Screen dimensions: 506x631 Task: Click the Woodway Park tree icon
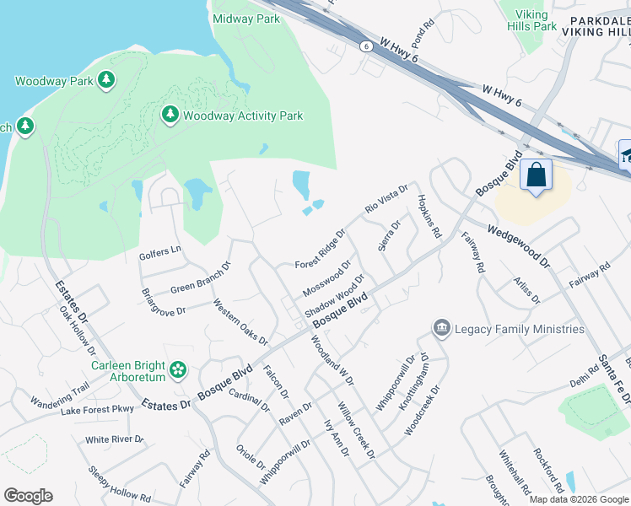tap(105, 80)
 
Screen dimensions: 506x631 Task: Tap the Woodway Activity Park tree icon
tap(170, 114)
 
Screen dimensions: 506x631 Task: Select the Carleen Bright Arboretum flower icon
tap(178, 369)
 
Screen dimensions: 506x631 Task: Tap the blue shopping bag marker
tap(536, 175)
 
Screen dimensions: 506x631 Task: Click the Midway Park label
tap(246, 18)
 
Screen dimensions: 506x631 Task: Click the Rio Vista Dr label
tap(386, 199)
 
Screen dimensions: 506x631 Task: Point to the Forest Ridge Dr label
tap(320, 250)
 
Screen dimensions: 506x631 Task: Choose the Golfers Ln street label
tap(160, 250)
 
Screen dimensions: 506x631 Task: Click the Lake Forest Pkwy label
tap(97, 411)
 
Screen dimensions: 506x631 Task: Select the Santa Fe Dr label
tap(609, 371)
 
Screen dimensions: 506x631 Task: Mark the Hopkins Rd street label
tap(429, 218)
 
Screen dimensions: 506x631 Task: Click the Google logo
tap(28, 496)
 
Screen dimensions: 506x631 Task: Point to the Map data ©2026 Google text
tap(579, 499)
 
